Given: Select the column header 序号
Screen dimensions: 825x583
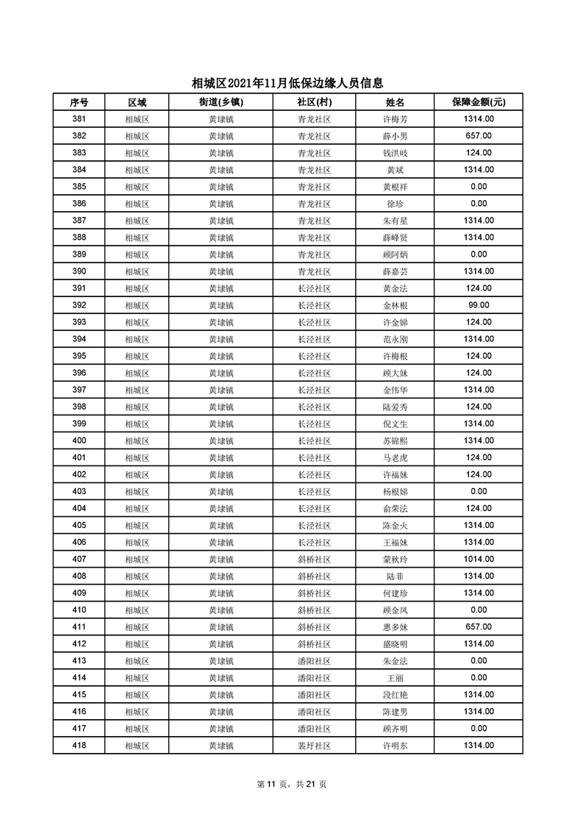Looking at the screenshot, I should click(79, 102).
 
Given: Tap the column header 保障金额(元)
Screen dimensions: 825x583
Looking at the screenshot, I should click(479, 102).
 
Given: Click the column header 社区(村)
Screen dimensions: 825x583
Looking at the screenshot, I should click(314, 102).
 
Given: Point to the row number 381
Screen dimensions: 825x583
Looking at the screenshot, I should click(79, 119).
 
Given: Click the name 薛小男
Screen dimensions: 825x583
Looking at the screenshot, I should click(396, 136).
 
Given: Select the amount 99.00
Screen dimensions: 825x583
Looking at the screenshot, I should click(479, 305).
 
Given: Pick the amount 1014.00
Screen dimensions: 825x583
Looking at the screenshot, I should click(479, 559).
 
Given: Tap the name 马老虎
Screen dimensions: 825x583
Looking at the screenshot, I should click(396, 457).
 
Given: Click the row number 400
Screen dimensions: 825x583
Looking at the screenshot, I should click(79, 440).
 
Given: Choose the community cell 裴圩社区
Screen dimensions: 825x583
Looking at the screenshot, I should click(314, 746).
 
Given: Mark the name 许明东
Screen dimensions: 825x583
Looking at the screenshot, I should click(396, 746).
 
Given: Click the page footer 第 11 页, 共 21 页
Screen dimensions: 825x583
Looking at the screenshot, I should click(292, 784).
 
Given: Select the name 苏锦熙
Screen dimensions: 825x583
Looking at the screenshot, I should click(396, 440).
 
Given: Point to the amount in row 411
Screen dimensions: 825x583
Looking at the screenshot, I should click(479, 626).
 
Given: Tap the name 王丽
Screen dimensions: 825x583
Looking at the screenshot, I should click(396, 678).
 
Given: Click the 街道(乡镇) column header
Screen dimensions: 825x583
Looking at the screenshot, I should click(221, 102).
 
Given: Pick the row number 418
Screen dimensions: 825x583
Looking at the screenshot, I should click(79, 746).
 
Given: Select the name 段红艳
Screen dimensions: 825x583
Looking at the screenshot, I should click(396, 695).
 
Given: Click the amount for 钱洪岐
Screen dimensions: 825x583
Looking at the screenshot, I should click(479, 153).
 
